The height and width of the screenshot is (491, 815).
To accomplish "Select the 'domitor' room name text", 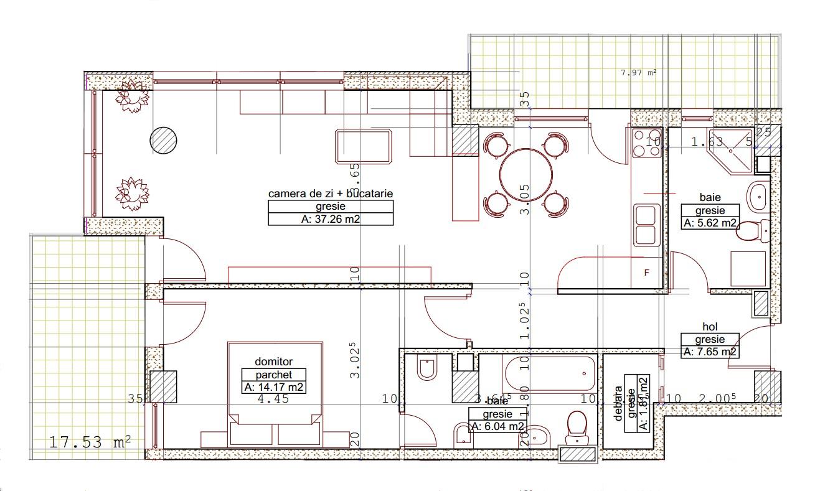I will pos(273,362).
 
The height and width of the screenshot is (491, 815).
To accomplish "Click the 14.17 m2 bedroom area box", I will pos(274,388).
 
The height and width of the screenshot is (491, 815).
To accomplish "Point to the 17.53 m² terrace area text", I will pos(90,442).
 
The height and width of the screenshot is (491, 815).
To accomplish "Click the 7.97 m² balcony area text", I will pos(639,72).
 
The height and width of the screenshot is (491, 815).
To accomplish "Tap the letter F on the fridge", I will pos(646,273).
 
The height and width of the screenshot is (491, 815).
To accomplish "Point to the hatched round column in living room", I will pos(164,140).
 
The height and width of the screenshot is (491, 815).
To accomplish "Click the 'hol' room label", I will pos(710,326).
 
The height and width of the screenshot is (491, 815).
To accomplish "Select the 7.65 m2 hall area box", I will pos(710,352).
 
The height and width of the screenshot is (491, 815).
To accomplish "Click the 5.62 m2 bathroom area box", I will pos(710,223).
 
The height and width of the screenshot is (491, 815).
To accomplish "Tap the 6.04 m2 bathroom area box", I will pos(497,426).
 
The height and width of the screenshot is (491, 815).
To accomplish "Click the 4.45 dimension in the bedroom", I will pos(273,400).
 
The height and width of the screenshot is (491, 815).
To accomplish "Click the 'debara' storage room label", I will pos(618,403).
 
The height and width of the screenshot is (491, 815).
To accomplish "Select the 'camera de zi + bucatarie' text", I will pos(331,194).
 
